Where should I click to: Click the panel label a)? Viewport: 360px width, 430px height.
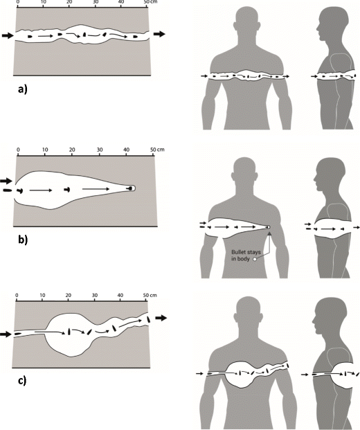tap(22, 89)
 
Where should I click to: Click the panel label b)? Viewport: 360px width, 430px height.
tap(23, 240)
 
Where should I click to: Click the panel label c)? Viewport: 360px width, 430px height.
tap(22, 381)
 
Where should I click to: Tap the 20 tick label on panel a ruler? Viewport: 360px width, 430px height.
tap(69, 2)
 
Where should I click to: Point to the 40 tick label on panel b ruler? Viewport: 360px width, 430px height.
tap(127, 150)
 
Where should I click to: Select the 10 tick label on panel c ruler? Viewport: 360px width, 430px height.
tap(42, 296)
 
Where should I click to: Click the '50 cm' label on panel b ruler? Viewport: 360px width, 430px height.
tap(157, 150)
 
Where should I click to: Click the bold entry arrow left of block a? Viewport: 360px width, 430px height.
tap(8, 35)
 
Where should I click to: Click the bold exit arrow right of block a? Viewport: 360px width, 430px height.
tap(159, 34)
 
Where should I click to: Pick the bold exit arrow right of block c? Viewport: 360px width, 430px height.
tap(161, 318)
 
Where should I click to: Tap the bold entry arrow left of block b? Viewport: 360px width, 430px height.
tap(6, 181)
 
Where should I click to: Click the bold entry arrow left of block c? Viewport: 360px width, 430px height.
tap(6, 334)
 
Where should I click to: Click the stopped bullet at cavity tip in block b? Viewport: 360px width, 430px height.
tap(131, 188)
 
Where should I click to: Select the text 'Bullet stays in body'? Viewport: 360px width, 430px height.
tap(246, 256)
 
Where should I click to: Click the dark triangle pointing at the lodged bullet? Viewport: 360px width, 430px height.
tap(269, 233)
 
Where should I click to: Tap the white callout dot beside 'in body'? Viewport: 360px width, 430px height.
tap(255, 259)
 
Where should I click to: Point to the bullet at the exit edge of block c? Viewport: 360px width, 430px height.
tap(149, 319)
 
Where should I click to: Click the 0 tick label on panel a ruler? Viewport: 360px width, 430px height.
tap(18, 2)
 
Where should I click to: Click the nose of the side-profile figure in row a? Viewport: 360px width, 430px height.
tap(318, 28)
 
